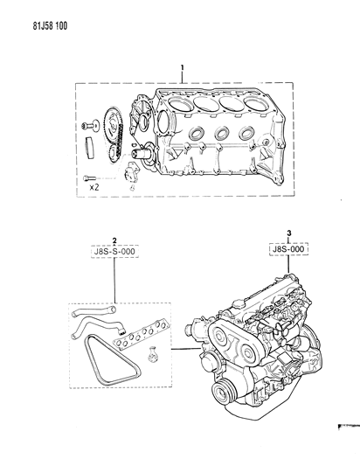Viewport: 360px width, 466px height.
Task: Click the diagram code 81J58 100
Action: (50, 26)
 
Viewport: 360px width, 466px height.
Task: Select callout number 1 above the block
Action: (183, 67)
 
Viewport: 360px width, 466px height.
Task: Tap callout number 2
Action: (114, 240)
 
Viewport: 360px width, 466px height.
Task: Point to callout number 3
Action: (289, 233)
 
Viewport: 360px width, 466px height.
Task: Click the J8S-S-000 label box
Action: (114, 252)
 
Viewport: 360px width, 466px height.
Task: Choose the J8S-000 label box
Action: (288, 249)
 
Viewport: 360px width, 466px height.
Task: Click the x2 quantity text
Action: (93, 187)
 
